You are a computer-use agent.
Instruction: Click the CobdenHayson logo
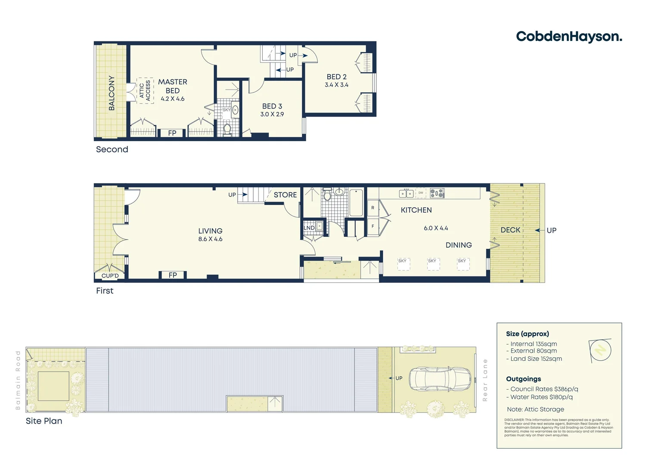pyautogui.click(x=568, y=37)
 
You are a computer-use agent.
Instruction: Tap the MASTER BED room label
pyautogui.click(x=172, y=86)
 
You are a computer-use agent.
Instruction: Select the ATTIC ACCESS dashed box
pyautogui.click(x=145, y=91)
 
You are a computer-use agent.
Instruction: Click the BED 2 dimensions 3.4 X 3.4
pyautogui.click(x=336, y=85)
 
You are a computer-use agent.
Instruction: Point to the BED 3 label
pyautogui.click(x=272, y=106)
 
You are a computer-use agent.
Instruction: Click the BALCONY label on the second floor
pyautogui.click(x=112, y=93)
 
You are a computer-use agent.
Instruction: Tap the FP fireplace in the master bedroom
pyautogui.click(x=172, y=133)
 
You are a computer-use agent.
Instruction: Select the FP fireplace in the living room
pyautogui.click(x=173, y=275)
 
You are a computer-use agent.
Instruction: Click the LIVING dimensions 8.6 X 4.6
pyautogui.click(x=210, y=239)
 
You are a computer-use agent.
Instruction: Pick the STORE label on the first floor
pyautogui.click(x=285, y=195)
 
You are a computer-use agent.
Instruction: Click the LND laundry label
pyautogui.click(x=309, y=228)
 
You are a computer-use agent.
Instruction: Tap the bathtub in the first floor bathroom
pyautogui.click(x=356, y=203)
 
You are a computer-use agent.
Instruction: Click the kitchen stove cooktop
pyautogui.click(x=437, y=193)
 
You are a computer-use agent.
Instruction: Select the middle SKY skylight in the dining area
pyautogui.click(x=433, y=264)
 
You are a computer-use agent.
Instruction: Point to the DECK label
pyautogui.click(x=510, y=230)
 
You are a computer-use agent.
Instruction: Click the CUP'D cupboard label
pyautogui.click(x=110, y=276)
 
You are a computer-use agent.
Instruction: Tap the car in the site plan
pyautogui.click(x=440, y=378)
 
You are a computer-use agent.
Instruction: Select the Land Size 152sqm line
pyautogui.click(x=534, y=359)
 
